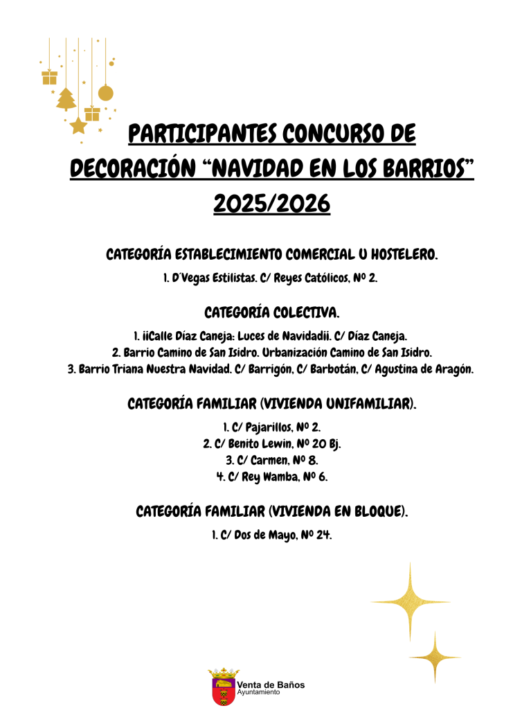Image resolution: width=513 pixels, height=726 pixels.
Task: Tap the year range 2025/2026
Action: click(x=271, y=203)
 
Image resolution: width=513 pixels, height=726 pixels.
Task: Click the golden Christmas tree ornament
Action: click(x=66, y=99)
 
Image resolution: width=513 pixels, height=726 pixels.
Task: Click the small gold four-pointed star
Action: click(x=434, y=656)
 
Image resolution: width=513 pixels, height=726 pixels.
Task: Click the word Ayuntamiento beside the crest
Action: click(x=258, y=692)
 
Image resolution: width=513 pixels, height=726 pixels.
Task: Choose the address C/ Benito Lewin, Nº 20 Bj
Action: click(x=271, y=443)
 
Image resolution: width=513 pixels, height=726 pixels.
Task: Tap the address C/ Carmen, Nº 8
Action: click(x=271, y=460)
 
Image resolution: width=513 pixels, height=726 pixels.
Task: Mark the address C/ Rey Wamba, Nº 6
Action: click(x=271, y=477)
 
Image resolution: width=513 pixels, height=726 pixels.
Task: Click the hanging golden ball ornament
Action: click(x=106, y=93)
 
